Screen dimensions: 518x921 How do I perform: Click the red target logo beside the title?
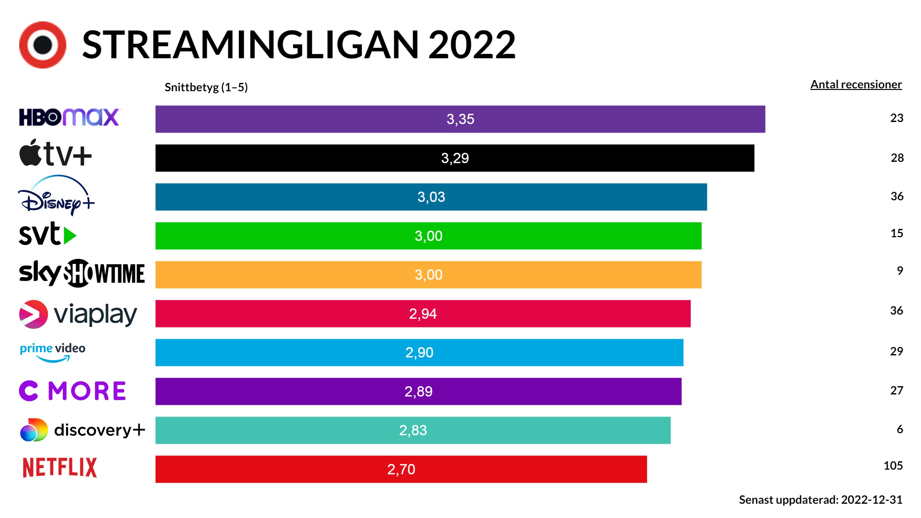pos(43,45)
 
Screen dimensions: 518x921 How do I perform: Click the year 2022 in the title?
pos(472,45)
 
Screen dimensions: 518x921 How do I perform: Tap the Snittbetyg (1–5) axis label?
pos(206,87)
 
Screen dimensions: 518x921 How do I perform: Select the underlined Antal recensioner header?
pos(856,85)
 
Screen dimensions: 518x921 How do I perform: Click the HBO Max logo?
pos(69,117)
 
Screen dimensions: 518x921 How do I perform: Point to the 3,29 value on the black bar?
pos(455,158)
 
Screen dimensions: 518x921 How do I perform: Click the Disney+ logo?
pos(56,196)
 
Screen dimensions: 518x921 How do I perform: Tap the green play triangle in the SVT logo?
pos(69,236)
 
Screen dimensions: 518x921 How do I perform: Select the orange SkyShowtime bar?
pos(428,275)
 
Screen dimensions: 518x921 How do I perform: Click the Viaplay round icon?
pos(33,314)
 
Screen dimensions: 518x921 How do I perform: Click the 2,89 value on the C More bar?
pos(418,391)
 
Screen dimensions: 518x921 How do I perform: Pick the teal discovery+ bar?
pos(413,430)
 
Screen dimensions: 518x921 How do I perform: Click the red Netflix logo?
pos(60,467)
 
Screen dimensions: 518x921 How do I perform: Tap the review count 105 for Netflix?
pos(893,465)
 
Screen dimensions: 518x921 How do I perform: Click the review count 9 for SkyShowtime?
pos(900,271)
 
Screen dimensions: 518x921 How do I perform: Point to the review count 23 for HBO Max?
pos(896,118)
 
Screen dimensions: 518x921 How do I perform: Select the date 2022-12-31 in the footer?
pos(871,499)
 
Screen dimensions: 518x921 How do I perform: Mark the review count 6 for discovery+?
pos(900,429)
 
